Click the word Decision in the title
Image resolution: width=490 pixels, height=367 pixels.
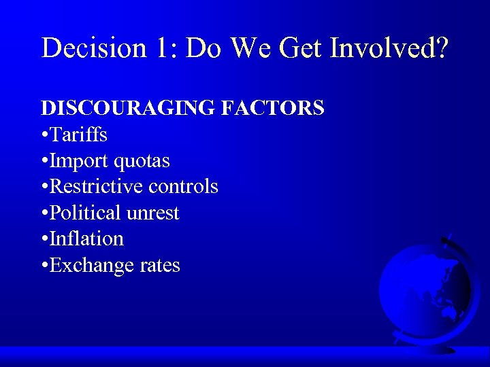[x=93, y=48]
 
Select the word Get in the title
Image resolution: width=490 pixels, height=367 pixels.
[x=304, y=48]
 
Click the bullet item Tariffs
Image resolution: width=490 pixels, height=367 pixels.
[x=78, y=135]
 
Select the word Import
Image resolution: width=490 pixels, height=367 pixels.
[x=80, y=161]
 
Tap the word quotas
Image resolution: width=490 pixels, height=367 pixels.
[x=142, y=161]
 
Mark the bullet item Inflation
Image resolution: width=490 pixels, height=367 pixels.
[x=86, y=239]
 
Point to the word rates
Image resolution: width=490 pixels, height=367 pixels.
[x=160, y=265]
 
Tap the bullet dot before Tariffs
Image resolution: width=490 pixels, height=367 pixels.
[x=44, y=135]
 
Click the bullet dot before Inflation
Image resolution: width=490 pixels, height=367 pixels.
[x=44, y=239]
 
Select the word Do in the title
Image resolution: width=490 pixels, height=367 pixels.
[x=204, y=48]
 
